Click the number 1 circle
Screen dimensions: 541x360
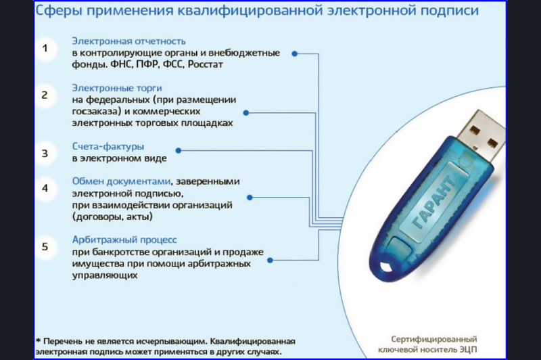coord(45,48)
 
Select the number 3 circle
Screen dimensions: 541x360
coord(45,153)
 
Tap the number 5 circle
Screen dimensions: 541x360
coord(45,246)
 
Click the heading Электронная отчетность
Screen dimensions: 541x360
coord(128,41)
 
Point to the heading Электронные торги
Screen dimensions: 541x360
coord(117,88)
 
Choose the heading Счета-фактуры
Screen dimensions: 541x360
coord(108,146)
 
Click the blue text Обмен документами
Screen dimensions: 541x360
coord(122,181)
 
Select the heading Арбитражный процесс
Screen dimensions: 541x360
coord(124,240)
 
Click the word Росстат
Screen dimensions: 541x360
coord(206,64)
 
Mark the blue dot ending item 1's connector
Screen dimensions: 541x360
coord(295,54)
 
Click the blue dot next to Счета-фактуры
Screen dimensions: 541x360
coord(179,150)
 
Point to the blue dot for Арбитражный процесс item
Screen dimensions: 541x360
coord(270,261)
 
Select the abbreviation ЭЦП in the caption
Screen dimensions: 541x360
coord(468,350)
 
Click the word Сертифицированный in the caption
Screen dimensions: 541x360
coord(434,339)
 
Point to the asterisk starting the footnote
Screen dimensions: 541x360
coord(39,340)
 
